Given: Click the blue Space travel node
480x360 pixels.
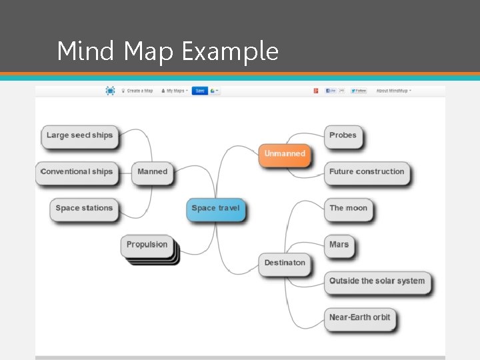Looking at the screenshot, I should (x=215, y=209).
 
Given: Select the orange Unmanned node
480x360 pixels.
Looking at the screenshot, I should (x=285, y=154).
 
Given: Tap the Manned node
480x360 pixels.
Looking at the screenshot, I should (x=152, y=172).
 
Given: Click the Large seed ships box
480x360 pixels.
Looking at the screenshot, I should (x=79, y=135).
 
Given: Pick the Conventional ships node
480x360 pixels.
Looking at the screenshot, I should (x=76, y=172).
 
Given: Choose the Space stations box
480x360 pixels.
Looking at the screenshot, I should (x=84, y=209).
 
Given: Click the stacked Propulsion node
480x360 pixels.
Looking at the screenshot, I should (x=147, y=245).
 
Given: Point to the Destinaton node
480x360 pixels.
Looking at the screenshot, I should (x=285, y=263).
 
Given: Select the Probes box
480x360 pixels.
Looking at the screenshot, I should (x=343, y=135).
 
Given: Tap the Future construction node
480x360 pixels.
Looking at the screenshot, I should (x=367, y=172).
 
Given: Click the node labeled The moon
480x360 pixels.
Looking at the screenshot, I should (x=348, y=209).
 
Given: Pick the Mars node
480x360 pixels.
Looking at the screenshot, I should (x=339, y=245).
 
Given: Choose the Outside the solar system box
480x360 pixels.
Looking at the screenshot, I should (x=377, y=281).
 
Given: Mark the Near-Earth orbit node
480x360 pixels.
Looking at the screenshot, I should (x=360, y=317).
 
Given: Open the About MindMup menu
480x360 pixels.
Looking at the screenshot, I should (x=393, y=91).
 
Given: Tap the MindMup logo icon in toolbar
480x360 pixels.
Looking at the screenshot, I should (x=110, y=91).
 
